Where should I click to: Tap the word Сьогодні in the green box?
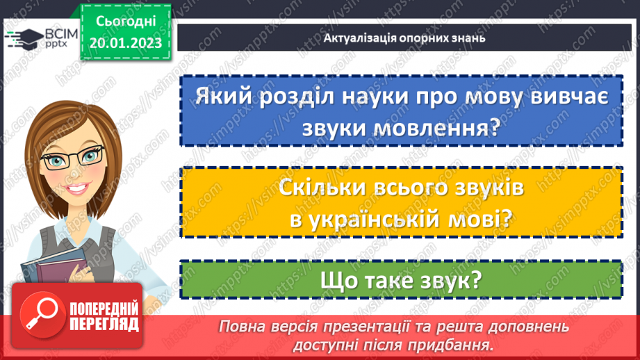[125, 24]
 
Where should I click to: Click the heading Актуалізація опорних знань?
[404, 38]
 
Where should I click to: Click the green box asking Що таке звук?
[400, 280]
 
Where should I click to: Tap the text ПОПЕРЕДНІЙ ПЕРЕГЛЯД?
[104, 315]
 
